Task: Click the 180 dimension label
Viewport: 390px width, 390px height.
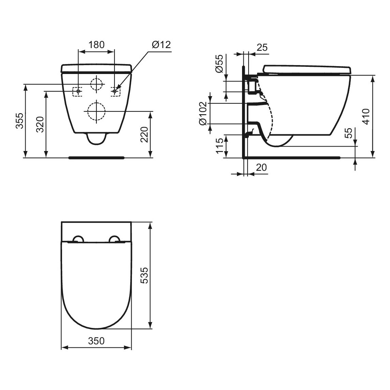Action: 96,45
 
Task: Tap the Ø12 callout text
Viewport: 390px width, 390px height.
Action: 162,45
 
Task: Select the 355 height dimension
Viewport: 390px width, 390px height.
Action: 20,121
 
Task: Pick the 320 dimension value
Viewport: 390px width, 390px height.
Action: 40,124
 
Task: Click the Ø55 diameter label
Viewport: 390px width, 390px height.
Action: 220,63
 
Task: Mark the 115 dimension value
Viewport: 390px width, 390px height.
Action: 220,146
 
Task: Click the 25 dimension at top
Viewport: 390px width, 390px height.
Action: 262,47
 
